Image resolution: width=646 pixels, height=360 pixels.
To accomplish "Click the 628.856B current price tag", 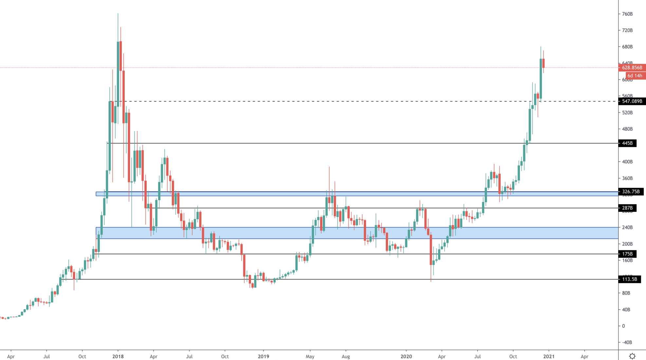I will point(632,68).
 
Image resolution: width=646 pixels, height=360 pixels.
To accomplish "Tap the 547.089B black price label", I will point(632,101).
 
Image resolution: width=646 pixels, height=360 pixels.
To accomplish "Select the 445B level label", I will point(627,143).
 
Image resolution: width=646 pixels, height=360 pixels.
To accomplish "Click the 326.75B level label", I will point(631,192).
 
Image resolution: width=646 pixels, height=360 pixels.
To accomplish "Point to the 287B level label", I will point(627,208).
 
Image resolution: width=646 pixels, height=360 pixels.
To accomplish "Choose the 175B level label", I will point(627,254).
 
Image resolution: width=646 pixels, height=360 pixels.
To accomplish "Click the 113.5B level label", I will point(629,279).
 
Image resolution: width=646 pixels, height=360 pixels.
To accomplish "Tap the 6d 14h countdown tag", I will point(635,76).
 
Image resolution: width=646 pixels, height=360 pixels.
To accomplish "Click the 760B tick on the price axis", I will point(627,14).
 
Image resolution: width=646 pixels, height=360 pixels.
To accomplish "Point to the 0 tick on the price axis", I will point(623,326).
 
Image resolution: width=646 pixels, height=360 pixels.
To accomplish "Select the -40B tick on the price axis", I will point(627,342).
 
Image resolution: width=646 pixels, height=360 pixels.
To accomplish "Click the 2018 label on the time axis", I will point(118,356).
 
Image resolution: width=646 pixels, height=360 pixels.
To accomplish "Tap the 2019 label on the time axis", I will point(263,356).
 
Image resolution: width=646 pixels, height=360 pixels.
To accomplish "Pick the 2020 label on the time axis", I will point(406,356).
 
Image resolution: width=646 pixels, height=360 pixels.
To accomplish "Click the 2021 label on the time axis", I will point(549,356).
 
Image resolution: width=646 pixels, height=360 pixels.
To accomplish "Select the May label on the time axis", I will point(310,356).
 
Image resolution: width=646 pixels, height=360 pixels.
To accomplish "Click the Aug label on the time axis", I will point(346,356).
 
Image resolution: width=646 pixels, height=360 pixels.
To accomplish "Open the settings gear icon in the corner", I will point(632,356).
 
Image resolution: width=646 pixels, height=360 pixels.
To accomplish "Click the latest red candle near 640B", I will point(544,63).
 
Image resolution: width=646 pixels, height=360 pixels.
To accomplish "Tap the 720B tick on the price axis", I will point(627,30).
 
